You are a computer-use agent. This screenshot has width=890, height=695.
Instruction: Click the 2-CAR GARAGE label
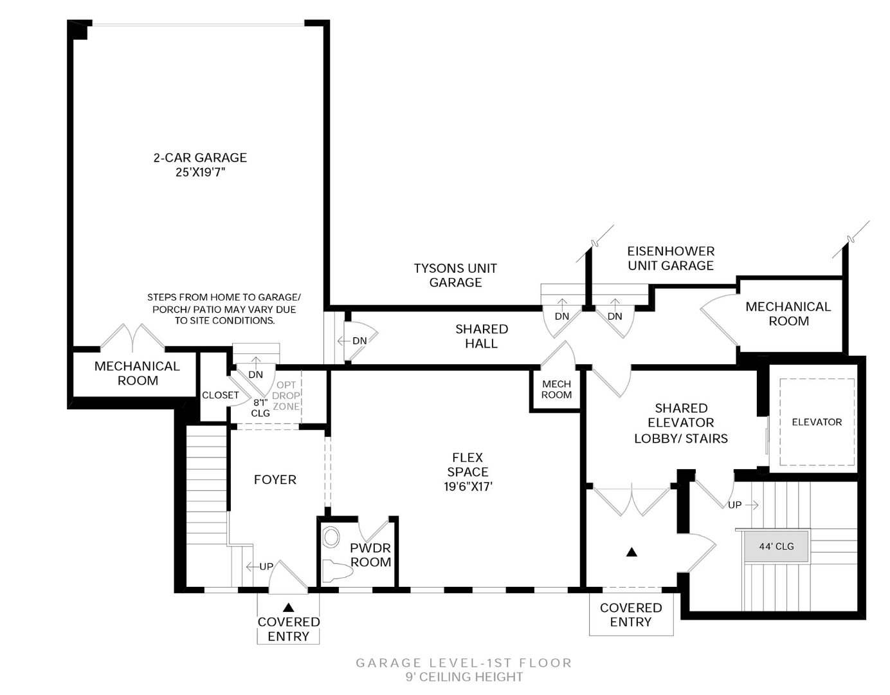click(199, 158)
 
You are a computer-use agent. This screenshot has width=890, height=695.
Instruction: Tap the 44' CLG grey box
click(776, 546)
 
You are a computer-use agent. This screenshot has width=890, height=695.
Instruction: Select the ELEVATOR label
click(817, 422)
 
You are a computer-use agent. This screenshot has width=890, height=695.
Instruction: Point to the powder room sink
click(331, 537)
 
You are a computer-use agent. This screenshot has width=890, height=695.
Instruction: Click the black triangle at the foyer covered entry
click(288, 607)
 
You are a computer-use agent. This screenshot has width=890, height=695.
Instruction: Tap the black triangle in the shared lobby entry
click(631, 552)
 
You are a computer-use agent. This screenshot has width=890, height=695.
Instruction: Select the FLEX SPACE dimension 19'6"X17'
click(468, 487)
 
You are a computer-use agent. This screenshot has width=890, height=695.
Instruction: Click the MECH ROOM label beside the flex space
click(556, 389)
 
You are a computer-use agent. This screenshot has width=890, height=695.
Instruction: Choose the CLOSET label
click(220, 395)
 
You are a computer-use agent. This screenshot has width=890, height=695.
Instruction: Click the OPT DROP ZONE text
click(286, 396)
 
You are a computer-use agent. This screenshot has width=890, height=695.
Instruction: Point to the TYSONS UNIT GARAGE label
click(455, 275)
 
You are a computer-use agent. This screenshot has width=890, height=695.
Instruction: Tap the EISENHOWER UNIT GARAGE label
click(671, 258)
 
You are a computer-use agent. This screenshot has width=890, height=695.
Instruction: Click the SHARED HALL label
click(482, 336)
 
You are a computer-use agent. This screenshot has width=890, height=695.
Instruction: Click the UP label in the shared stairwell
click(735, 505)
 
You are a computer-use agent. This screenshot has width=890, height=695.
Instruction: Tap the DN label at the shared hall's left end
click(359, 340)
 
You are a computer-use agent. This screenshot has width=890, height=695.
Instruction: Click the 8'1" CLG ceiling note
click(260, 407)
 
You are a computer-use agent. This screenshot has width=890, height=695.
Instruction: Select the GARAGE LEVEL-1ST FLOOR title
click(464, 663)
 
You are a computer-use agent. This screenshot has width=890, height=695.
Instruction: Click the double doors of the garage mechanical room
click(133, 337)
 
